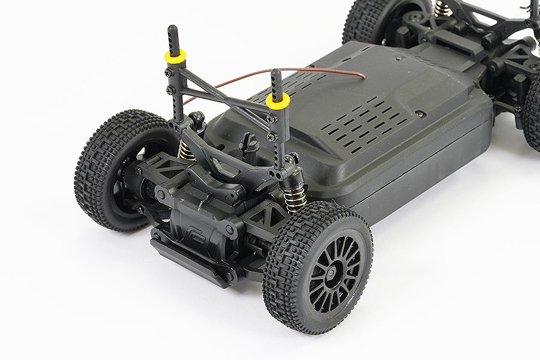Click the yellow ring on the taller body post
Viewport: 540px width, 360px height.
click(x=175, y=56)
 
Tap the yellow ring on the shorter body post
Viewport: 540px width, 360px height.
click(x=278, y=100)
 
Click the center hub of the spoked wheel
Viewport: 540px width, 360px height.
click(x=331, y=272)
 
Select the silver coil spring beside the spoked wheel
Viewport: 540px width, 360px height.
click(x=295, y=197)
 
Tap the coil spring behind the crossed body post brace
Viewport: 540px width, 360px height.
click(x=185, y=150)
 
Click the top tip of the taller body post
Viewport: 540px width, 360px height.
click(x=173, y=29)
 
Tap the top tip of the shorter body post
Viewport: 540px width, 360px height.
click(x=275, y=73)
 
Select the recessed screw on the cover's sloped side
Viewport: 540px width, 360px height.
click(x=421, y=113)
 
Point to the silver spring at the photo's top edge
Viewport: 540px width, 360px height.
click(x=443, y=7)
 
